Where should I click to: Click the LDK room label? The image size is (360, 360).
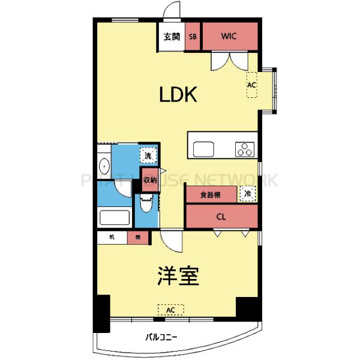[178, 95]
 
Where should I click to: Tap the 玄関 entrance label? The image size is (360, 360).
[172, 36]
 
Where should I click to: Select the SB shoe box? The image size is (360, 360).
[193, 36]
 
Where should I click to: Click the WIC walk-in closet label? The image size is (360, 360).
[229, 36]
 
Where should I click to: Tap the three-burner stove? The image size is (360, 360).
[244, 149]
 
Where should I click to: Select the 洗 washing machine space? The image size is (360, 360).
[147, 155]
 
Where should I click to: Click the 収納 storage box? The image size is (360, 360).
[149, 179]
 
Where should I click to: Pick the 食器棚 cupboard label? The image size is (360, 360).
[210, 195]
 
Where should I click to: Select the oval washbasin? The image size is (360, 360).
[103, 166]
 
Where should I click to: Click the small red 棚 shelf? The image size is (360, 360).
[137, 238]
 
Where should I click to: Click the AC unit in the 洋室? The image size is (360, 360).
[171, 310]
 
